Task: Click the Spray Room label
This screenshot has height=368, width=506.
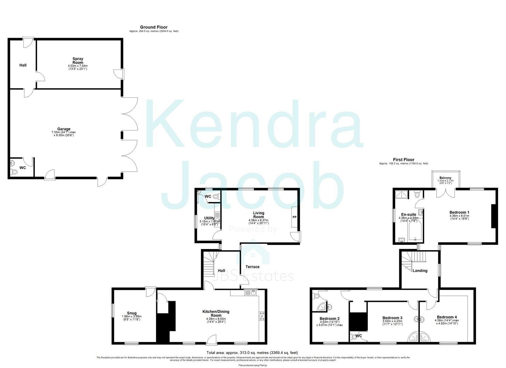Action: (78, 61)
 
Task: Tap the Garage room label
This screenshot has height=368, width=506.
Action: (64, 129)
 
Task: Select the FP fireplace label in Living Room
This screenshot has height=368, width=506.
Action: (294, 217)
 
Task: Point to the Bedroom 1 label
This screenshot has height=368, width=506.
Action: (459, 213)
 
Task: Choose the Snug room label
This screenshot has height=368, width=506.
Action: (132, 313)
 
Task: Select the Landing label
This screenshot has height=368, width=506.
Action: (420, 271)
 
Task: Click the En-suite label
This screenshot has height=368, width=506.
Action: (408, 215)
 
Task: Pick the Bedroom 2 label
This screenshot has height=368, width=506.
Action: (329, 319)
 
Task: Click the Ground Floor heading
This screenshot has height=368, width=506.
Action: (154, 27)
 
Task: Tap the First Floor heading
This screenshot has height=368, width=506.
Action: (403, 159)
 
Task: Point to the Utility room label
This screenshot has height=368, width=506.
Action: (209, 218)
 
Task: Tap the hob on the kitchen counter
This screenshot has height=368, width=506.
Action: (262, 316)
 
